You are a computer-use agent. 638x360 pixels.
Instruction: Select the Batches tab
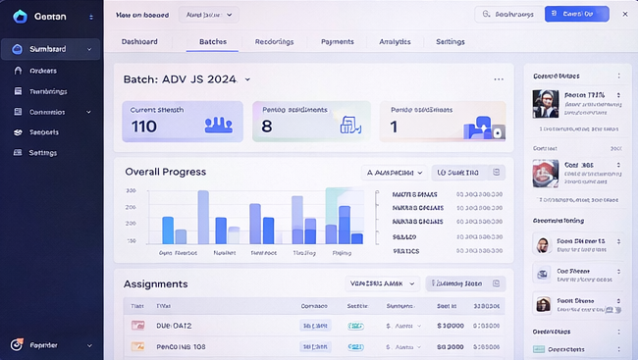click(x=212, y=42)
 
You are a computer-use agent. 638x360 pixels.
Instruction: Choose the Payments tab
click(x=337, y=42)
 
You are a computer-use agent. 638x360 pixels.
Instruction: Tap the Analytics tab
click(x=395, y=42)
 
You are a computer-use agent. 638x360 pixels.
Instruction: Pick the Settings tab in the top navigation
click(x=450, y=42)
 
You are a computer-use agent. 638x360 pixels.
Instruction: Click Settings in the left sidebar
click(x=42, y=153)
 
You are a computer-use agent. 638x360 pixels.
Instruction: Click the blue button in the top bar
click(x=576, y=14)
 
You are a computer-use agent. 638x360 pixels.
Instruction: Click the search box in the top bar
click(x=506, y=14)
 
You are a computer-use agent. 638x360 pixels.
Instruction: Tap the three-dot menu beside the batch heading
click(x=499, y=79)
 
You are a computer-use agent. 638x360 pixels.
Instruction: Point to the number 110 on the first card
click(x=143, y=127)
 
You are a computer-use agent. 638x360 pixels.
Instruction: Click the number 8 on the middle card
click(x=266, y=127)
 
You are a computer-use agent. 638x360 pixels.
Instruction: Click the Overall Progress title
click(x=165, y=172)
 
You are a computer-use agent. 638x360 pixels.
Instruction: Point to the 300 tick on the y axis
click(x=131, y=191)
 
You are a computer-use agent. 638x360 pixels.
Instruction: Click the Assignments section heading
click(x=155, y=283)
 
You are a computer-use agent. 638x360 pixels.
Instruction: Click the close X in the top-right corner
click(x=623, y=14)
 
